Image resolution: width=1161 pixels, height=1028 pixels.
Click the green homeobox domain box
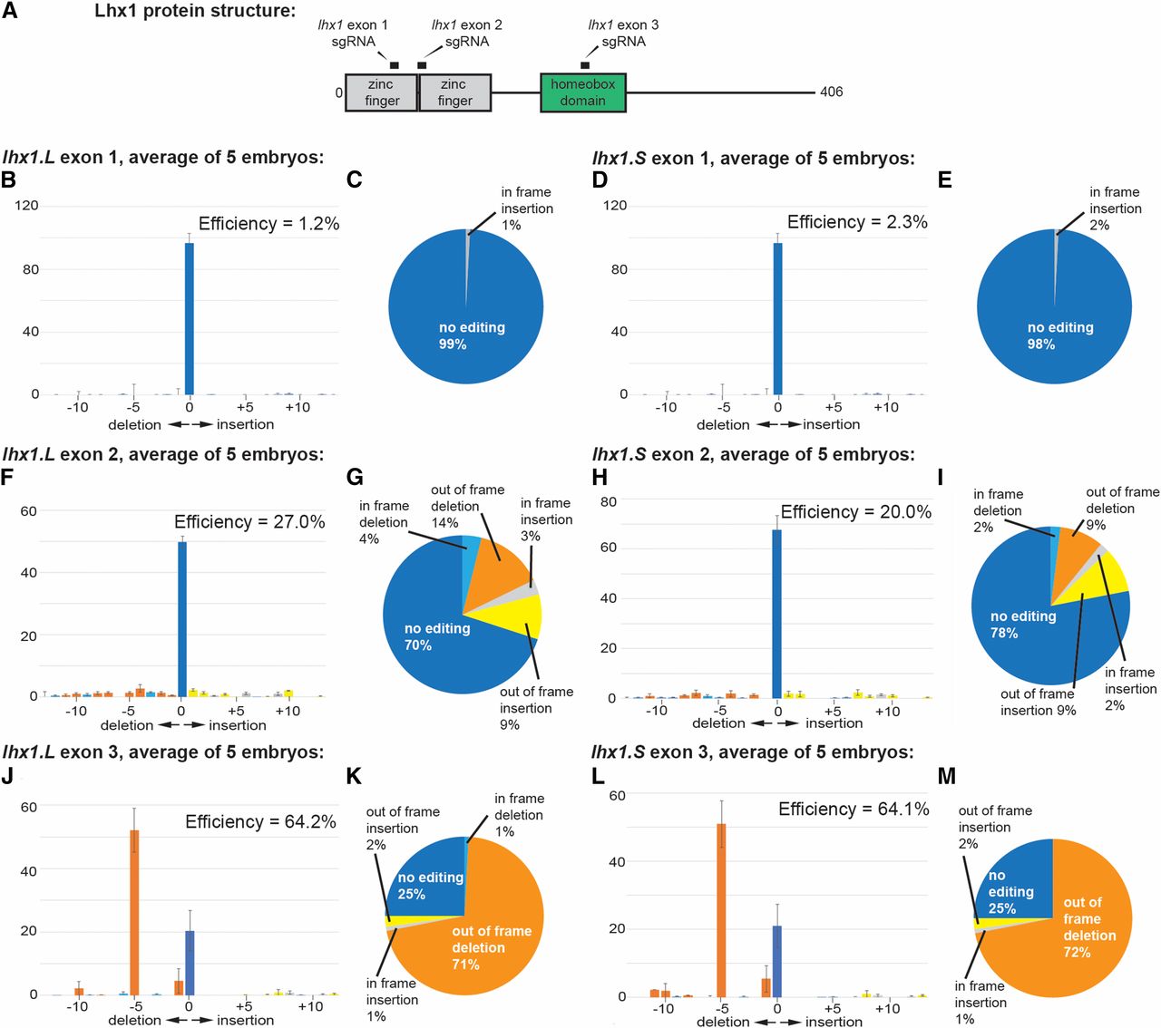tap(582, 92)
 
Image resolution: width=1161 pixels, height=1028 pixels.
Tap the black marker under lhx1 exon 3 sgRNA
tap(585, 64)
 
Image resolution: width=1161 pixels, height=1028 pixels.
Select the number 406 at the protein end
tap(831, 92)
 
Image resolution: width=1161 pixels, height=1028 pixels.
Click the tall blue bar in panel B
tap(189, 318)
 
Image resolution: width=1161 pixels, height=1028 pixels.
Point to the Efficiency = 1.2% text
tap(268, 224)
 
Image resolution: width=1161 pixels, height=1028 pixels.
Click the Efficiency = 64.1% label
tap(854, 810)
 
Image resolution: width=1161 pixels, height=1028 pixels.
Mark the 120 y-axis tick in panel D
tap(615, 205)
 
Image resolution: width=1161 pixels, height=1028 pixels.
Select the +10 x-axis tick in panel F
tap(288, 711)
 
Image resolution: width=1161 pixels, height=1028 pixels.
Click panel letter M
tap(946, 777)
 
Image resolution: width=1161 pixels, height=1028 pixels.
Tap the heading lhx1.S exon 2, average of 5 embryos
tap(753, 454)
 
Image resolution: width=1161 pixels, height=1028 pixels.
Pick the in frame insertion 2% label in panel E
tap(1114, 209)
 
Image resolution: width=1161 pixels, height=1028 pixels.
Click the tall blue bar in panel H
tap(776, 613)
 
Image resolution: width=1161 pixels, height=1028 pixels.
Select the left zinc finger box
tap(381, 92)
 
